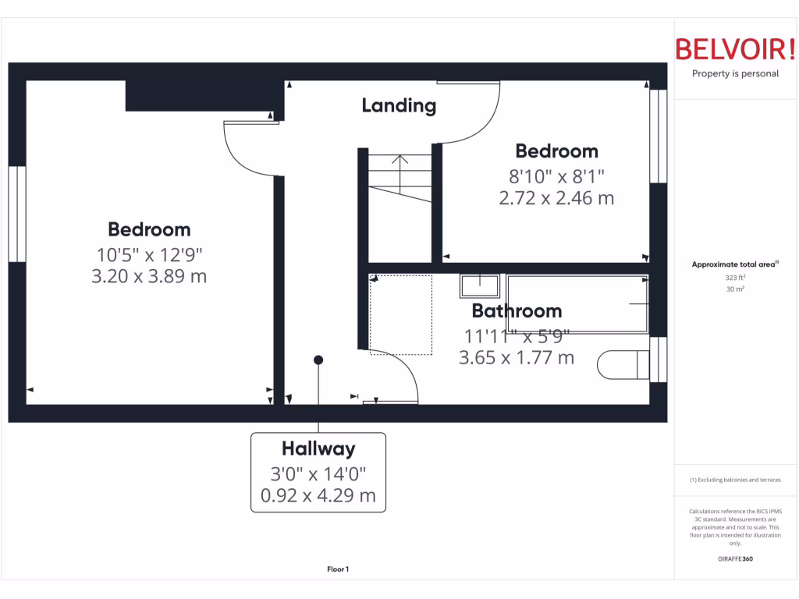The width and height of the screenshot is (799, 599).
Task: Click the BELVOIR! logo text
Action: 735,49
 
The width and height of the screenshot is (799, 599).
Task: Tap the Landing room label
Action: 399,105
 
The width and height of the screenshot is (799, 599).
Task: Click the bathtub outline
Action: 577,303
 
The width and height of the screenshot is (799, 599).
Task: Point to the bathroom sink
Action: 479,286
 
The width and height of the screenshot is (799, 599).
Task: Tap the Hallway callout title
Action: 318,448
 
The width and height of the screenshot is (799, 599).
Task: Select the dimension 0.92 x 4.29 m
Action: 318,495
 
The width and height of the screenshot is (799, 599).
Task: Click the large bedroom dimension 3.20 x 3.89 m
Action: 149,276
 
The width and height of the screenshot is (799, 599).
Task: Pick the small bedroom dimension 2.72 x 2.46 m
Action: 556,198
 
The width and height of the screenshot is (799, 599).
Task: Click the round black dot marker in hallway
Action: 318,360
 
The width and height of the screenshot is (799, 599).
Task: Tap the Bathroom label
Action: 517,311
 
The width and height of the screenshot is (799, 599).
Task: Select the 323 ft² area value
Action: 735,277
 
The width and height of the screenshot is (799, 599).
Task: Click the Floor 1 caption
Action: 338,569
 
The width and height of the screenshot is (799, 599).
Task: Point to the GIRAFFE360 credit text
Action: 735,558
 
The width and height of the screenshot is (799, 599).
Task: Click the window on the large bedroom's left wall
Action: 17,214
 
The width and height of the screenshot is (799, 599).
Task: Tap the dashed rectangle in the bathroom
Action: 400,314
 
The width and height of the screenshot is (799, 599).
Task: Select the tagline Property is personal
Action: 735,73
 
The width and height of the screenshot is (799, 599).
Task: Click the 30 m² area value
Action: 735,289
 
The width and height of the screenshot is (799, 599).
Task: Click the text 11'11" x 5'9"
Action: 517,336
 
